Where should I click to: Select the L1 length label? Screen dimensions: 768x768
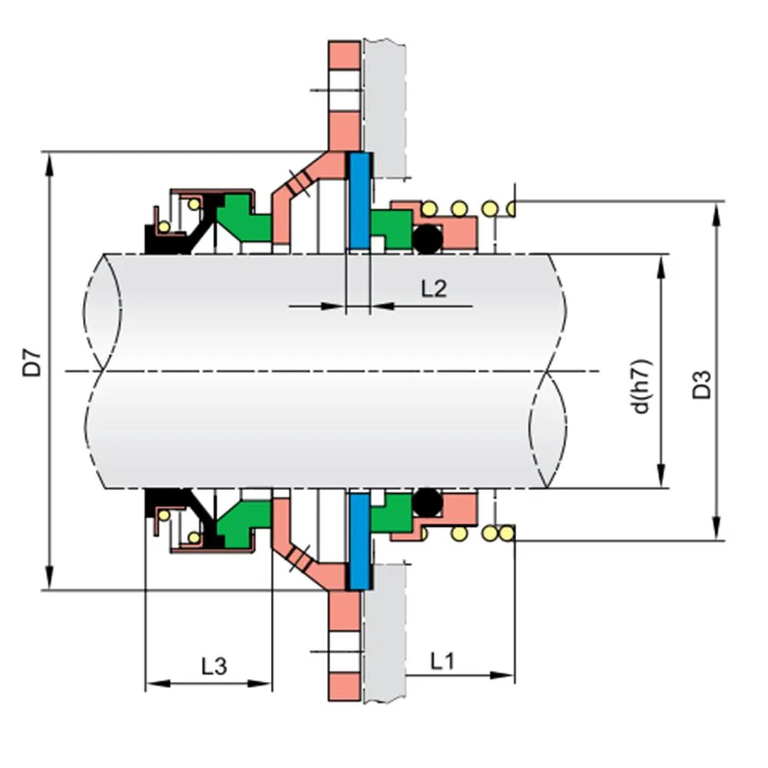(x=442, y=660)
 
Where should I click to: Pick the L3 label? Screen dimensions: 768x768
(x=214, y=665)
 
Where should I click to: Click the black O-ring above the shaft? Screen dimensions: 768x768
(x=428, y=240)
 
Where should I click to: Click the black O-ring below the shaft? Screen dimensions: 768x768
(x=427, y=504)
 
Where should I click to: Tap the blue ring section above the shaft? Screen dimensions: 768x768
(x=359, y=200)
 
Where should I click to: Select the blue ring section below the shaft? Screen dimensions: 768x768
(x=359, y=541)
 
